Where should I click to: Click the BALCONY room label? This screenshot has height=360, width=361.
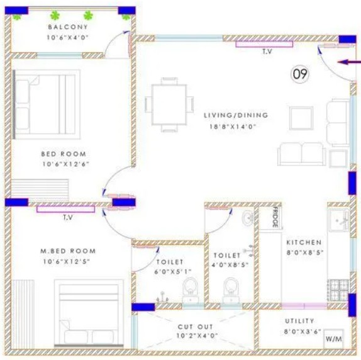pyautogui.click(x=68, y=27)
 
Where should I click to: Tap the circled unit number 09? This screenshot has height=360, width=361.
pyautogui.click(x=300, y=74)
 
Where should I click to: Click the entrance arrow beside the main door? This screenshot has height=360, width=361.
pyautogui.click(x=349, y=62)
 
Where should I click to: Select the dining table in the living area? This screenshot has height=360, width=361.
pyautogui.click(x=169, y=105)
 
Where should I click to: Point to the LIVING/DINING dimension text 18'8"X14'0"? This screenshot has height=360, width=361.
pyautogui.click(x=233, y=127)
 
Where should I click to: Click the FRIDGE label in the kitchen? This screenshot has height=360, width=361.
pyautogui.click(x=275, y=217)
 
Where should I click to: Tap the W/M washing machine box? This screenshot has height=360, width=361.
pyautogui.click(x=333, y=339)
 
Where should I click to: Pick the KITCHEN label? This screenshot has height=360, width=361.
pyautogui.click(x=304, y=242)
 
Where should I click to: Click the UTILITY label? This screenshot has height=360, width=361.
pyautogui.click(x=299, y=321)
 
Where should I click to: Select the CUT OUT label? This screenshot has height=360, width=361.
pyautogui.click(x=196, y=327)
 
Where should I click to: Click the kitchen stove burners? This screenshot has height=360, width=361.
pyautogui.click(x=338, y=290)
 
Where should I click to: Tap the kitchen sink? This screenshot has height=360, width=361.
pyautogui.click(x=338, y=220)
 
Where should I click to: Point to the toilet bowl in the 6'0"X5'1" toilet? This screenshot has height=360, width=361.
pyautogui.click(x=191, y=290)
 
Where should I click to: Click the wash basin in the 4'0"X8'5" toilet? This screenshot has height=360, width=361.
pyautogui.click(x=248, y=217)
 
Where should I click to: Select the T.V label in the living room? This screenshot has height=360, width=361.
pyautogui.click(x=267, y=52)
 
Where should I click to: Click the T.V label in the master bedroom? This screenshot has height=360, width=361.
pyautogui.click(x=68, y=217)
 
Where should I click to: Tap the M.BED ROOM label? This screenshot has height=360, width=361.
pyautogui.click(x=68, y=251)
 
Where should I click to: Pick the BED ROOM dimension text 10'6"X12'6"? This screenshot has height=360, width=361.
pyautogui.click(x=65, y=164)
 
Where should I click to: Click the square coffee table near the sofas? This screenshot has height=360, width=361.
pyautogui.click(x=301, y=118)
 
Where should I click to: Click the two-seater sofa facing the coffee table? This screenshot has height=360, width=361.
pyautogui.click(x=302, y=154)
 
